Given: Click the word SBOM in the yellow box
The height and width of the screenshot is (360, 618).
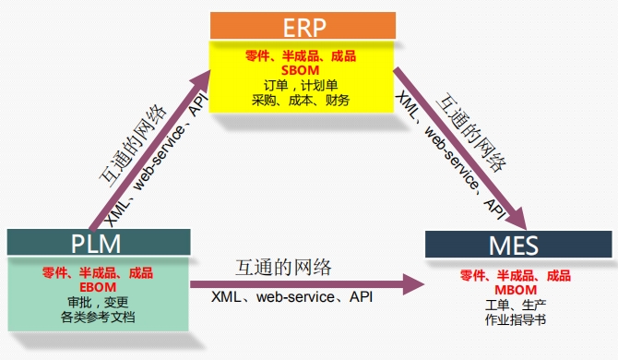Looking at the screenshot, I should (x=301, y=70).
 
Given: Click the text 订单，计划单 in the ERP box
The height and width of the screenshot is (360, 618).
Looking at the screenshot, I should (x=301, y=85).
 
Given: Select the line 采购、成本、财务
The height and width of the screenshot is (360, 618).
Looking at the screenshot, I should (x=301, y=100).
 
